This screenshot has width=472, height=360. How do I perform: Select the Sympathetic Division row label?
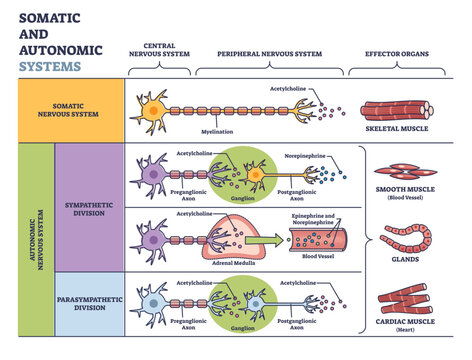pyautogui.click(x=85, y=203)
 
